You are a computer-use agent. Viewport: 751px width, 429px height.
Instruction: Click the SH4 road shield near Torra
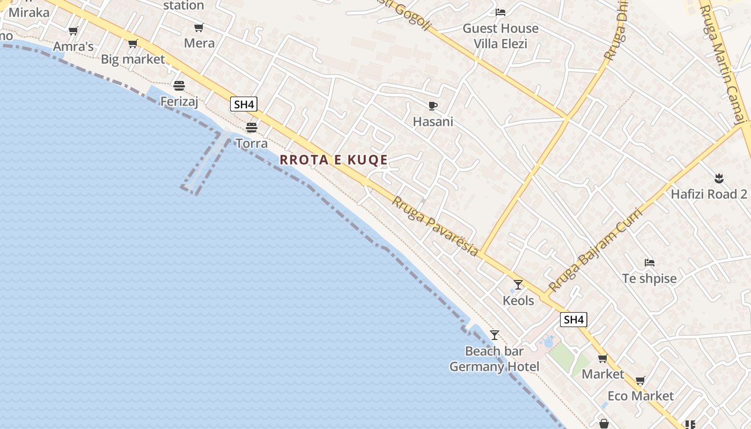click(x=244, y=104)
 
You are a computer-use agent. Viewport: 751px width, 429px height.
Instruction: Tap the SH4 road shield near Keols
click(x=573, y=320)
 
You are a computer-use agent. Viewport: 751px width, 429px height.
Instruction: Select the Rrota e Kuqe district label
click(x=334, y=160)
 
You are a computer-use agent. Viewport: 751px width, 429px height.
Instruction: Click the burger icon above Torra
click(x=251, y=128)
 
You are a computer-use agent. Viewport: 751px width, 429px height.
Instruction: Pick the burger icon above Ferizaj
click(x=179, y=85)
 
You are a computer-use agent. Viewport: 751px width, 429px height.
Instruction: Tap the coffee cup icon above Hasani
click(x=433, y=106)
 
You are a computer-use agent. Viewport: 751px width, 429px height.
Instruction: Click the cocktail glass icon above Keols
click(x=518, y=284)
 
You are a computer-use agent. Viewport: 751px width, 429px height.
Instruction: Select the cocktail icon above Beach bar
click(x=495, y=335)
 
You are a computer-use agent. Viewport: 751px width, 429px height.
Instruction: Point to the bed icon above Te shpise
click(x=650, y=263)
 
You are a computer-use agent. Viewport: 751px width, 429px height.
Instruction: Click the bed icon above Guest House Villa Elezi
click(x=500, y=12)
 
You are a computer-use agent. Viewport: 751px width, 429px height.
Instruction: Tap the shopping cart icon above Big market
click(x=132, y=43)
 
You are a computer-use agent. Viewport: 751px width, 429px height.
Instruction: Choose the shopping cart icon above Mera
click(x=199, y=27)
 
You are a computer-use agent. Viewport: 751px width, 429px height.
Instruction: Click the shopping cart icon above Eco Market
click(x=640, y=381)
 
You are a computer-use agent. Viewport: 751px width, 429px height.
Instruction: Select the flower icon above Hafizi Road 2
click(x=719, y=177)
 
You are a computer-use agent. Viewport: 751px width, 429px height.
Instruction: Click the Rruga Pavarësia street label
click(x=435, y=226)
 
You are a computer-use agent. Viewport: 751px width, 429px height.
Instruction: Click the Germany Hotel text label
click(x=494, y=367)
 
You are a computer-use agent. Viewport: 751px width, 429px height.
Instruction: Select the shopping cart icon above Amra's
click(x=73, y=31)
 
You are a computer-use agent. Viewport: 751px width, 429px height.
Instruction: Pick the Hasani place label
click(x=433, y=122)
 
